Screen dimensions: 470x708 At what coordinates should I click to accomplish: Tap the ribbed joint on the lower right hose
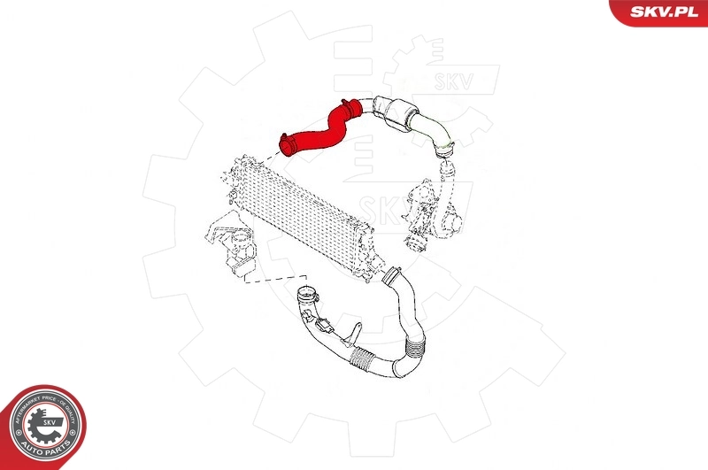click(x=412, y=340)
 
